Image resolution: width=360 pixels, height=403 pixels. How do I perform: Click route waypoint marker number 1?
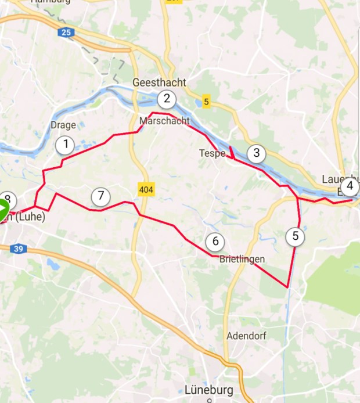point(66,145)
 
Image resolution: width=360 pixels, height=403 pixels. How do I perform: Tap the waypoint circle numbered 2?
point(167,99)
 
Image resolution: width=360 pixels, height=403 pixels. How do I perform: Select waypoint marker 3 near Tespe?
point(255,154)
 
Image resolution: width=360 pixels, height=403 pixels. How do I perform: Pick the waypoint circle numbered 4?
point(350,187)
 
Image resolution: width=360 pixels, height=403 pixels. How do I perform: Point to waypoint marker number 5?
point(296,236)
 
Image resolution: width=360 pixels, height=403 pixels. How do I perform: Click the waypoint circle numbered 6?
point(215,242)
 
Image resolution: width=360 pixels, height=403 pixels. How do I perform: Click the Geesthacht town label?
point(159,82)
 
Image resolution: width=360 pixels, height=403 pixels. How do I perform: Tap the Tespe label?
point(212,153)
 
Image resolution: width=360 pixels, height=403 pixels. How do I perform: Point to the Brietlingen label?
point(242,259)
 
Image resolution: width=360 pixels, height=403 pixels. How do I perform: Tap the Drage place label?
point(63,125)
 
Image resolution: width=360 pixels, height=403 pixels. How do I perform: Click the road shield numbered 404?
point(146,189)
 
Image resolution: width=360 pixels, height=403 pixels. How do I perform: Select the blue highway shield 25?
point(66,33)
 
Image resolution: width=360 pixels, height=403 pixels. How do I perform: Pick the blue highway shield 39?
point(19,249)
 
